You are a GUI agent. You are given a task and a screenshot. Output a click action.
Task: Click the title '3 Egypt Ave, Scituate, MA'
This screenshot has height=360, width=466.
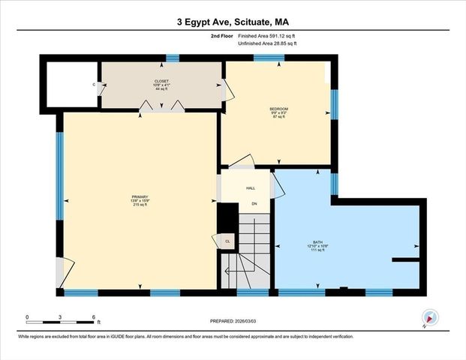pos(233,22)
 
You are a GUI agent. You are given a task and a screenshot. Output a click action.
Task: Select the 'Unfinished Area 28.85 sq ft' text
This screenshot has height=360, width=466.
pos(267,44)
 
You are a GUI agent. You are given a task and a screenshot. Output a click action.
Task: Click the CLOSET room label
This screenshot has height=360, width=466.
pos(161,81)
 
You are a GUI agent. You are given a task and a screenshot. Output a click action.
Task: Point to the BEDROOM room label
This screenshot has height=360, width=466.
pos(278,109)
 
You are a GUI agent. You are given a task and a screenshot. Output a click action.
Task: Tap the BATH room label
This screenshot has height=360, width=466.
pos(317,242)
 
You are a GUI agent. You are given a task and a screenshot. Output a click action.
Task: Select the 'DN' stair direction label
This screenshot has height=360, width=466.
pos(254,204)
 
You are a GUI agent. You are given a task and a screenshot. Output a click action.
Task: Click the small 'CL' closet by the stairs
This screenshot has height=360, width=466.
pos(227,241)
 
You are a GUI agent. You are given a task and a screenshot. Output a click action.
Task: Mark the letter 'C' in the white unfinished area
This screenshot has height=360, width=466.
pos(94,85)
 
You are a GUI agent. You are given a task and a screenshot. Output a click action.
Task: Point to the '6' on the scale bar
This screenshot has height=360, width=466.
pos(93,317)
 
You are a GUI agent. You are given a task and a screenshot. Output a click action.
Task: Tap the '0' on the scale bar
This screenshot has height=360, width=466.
pos(27,317)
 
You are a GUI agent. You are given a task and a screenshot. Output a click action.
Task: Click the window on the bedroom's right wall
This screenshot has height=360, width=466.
pos(335,105)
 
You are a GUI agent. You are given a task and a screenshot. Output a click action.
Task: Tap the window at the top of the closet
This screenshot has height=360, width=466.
pos(173,58)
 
